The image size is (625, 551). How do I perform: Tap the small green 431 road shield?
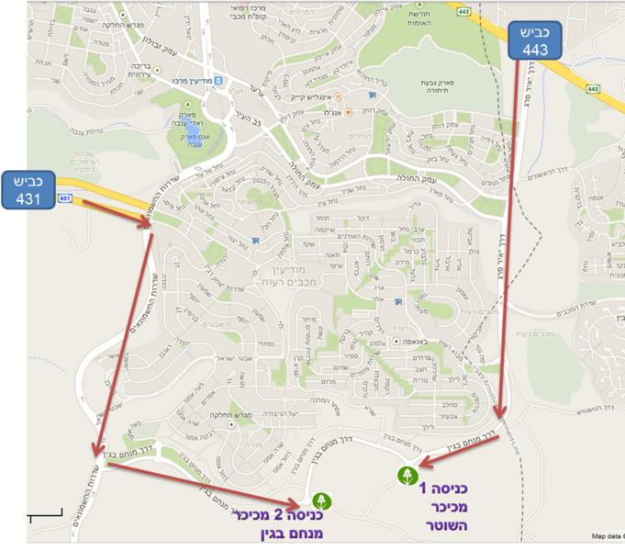(64, 198)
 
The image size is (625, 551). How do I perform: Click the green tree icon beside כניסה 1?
(406, 475)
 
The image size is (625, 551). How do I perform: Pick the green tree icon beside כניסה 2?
(320, 501)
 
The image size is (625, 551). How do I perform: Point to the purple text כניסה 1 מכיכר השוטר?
(445, 502)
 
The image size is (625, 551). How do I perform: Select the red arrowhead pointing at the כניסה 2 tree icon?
(296, 505)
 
